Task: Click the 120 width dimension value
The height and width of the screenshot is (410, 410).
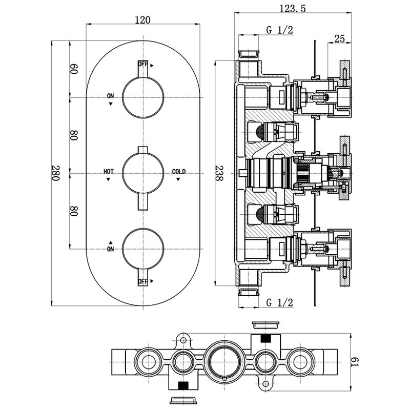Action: coord(143,20)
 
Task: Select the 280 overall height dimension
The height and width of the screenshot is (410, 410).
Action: coord(56,174)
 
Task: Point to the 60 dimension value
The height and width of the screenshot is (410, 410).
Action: coord(74,69)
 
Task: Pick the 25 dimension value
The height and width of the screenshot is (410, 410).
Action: coord(339,38)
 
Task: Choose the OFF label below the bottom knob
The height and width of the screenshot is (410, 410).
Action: coord(143,282)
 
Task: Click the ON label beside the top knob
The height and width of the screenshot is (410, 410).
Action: coord(111,96)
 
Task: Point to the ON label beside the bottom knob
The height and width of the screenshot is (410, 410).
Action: coord(110,249)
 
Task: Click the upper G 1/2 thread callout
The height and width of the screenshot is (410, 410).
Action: coord(279,30)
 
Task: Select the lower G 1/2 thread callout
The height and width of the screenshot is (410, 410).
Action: coord(279,302)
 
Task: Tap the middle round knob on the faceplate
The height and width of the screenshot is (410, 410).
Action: coord(143,174)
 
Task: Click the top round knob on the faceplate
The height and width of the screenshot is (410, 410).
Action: coord(143,97)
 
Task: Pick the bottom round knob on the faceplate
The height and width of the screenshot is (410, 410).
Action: coord(143,250)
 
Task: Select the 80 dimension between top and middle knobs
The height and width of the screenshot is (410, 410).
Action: coord(74,135)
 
